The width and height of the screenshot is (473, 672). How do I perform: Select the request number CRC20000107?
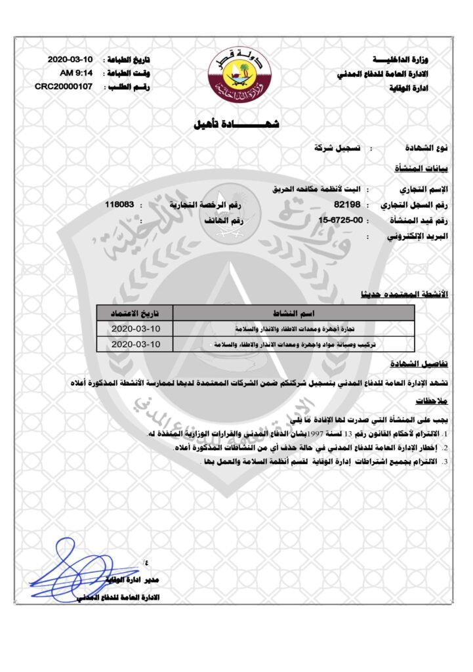tap(63, 86)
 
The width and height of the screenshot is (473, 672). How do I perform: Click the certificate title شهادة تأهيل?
tap(237, 123)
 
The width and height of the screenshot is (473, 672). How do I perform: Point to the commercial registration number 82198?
tap(347, 205)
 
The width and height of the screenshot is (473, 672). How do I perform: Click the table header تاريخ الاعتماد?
tap(135, 311)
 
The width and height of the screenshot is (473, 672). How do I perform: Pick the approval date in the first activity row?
tap(135, 327)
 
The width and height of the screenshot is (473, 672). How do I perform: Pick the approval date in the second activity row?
tap(135, 343)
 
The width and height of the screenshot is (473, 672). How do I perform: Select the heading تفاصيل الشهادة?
tap(421, 364)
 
